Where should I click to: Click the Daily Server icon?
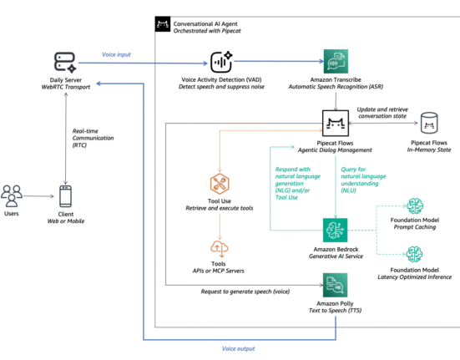65,62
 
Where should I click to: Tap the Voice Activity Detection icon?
221,62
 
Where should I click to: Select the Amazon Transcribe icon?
336,61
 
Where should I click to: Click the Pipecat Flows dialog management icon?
336,124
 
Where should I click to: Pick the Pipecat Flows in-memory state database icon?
429,123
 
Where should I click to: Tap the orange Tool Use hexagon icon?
220,184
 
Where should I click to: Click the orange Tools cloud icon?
219,249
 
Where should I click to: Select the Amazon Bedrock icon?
335,230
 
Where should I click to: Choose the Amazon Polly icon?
335,285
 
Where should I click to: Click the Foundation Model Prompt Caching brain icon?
415,206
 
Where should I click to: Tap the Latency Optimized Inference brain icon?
414,255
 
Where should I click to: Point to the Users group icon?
12,196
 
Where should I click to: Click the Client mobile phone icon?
65,196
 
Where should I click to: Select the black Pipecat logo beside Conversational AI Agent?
163,23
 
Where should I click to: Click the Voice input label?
116,54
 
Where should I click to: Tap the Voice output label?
238,348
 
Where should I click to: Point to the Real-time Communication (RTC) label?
93,138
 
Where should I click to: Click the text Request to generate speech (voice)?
245,292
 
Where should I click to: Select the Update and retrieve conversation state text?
382,113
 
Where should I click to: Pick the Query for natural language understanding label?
363,180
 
